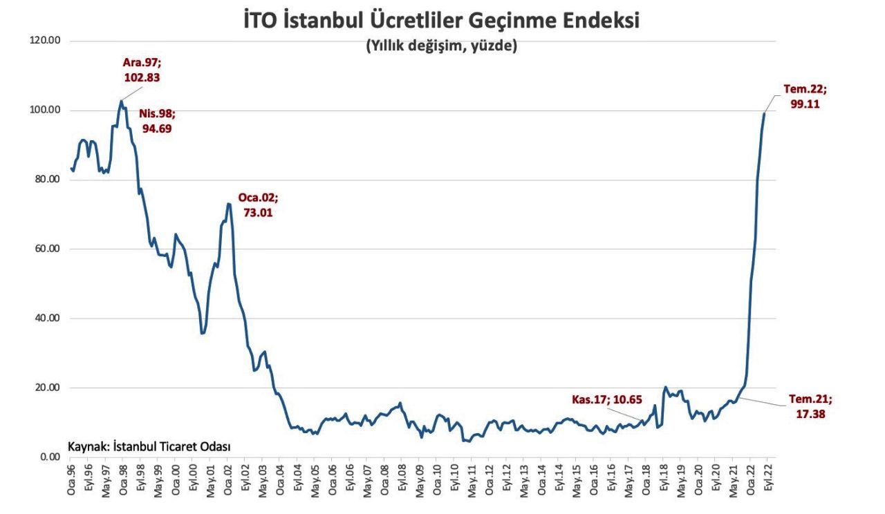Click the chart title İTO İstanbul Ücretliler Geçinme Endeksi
tap(442, 20)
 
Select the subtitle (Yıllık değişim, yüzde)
tap(442, 46)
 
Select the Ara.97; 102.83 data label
tap(142, 70)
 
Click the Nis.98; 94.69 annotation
tap(156, 120)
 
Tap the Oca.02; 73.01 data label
tap(258, 204)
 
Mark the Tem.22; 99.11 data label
tap(805, 97)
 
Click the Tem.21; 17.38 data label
tap(810, 406)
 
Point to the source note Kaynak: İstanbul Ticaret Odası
tap(149, 446)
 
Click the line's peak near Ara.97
tap(121, 102)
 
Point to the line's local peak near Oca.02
tap(228, 204)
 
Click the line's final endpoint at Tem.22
tap(764, 114)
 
